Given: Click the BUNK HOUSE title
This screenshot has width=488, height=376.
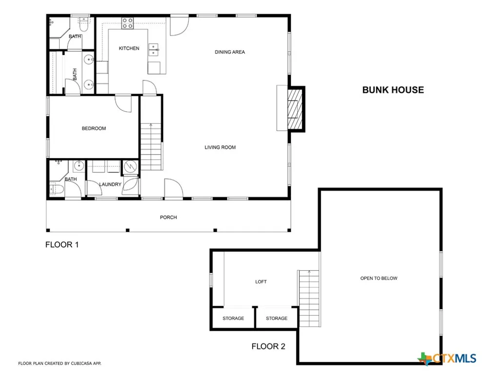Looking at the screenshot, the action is click(x=393, y=90).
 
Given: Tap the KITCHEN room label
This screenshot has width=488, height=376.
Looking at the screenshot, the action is click(x=129, y=48).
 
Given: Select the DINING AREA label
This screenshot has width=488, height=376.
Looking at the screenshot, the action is click(x=230, y=52).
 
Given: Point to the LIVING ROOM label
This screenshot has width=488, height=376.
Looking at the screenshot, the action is click(x=220, y=147).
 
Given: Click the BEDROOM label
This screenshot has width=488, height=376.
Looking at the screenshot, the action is click(x=94, y=128).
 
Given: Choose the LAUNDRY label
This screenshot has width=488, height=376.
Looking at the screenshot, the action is click(x=110, y=184).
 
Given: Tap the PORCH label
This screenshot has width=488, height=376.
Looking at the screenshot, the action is click(x=168, y=217).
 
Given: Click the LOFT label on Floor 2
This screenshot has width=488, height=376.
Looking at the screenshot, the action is click(x=261, y=282).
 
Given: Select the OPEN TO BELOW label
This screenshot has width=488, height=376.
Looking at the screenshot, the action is click(x=379, y=278).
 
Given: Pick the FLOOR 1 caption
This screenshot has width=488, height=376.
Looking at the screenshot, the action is click(x=62, y=245).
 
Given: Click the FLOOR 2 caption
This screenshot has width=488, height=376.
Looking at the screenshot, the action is click(x=268, y=346).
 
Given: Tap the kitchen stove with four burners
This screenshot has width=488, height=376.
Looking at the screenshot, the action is click(x=127, y=23).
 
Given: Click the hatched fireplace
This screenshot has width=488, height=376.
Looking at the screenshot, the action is click(x=294, y=109).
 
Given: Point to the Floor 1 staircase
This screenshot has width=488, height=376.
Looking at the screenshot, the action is click(x=151, y=146).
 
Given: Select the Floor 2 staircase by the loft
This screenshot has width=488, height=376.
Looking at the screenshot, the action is click(x=309, y=298).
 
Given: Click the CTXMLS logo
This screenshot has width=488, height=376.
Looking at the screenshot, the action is click(x=447, y=358).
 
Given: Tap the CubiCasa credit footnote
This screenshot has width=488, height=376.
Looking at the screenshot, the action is click(x=60, y=363).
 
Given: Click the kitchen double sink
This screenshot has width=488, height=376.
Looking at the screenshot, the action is click(x=153, y=50).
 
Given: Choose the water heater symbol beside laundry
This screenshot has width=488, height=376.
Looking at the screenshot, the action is click(x=130, y=167).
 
